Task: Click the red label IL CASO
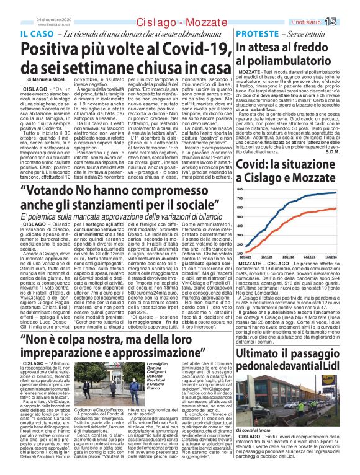(35, 33)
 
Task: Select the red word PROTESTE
(257, 33)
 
